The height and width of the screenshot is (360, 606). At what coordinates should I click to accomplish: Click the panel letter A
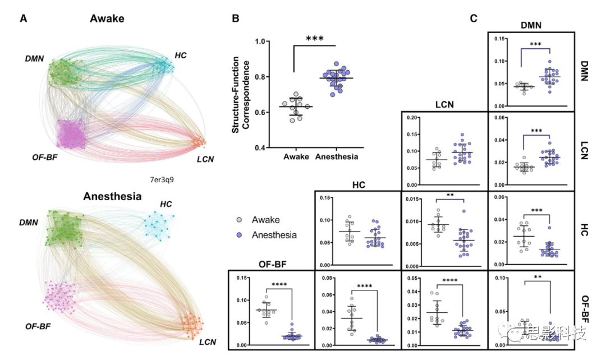click(23, 19)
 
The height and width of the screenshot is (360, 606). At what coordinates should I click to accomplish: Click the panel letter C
click(474, 19)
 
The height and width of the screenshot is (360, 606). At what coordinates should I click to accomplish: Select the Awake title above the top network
click(107, 19)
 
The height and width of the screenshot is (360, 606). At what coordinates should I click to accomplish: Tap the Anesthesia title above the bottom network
click(112, 197)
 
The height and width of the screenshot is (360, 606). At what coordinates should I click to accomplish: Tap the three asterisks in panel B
click(315, 39)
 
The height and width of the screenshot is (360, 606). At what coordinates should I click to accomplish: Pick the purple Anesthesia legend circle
click(240, 236)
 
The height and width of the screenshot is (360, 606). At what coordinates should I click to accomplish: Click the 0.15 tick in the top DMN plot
click(498, 39)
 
